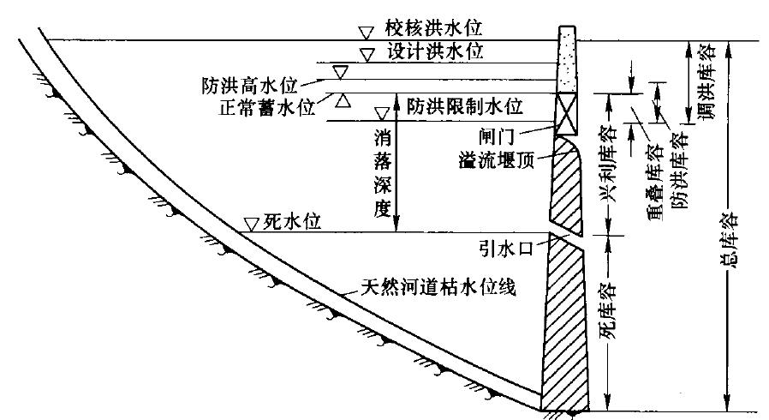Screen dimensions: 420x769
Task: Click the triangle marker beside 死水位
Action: (252, 224)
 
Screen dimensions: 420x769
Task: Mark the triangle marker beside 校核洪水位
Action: (366, 32)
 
